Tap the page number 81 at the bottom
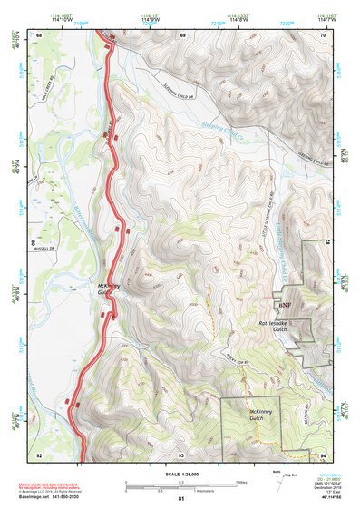(x=181, y=499)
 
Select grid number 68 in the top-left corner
(x=40, y=34)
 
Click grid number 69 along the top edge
(x=182, y=34)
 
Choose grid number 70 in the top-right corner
(x=323, y=34)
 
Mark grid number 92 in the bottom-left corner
(x=40, y=455)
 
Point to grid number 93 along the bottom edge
(x=181, y=455)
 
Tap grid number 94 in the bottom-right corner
(x=323, y=455)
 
